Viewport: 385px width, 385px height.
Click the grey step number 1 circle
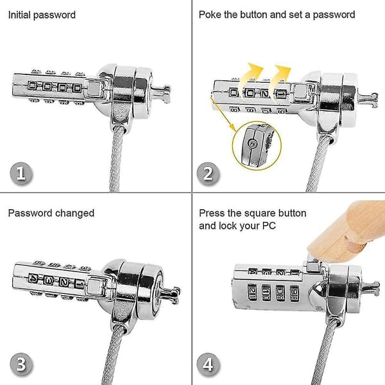pos(21,173)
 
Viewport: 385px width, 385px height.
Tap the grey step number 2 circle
pos(208,173)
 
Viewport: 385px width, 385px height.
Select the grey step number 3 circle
pos(21,364)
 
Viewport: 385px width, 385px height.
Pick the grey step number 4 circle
pos(208,364)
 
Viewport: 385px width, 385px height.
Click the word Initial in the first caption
pos(20,15)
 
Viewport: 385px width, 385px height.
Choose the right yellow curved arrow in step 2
pos(278,78)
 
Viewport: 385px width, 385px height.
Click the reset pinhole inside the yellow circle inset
pos(252,144)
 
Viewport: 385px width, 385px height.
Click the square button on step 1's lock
pos(94,88)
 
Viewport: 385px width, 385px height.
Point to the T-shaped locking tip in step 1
pos(162,94)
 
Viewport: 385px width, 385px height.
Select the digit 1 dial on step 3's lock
pos(79,284)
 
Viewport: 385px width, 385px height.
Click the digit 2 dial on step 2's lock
pos(264,93)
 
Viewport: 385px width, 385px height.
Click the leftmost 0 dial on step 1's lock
pos(32,86)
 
